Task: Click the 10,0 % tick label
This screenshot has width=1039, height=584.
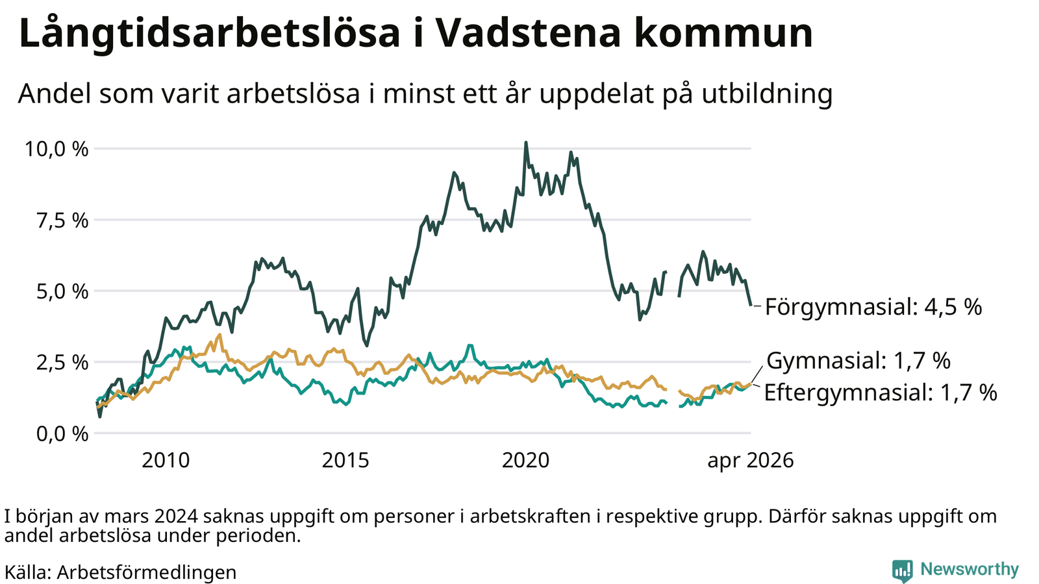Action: pyautogui.click(x=56, y=149)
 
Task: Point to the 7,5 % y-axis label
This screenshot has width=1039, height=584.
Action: pyautogui.click(x=62, y=221)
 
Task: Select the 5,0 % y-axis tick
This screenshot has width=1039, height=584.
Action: pyautogui.click(x=62, y=292)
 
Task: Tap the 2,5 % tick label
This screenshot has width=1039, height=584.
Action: pyautogui.click(x=62, y=363)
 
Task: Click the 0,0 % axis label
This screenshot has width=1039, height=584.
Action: pyautogui.click(x=62, y=434)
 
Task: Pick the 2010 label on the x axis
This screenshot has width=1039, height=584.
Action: pyautogui.click(x=166, y=461)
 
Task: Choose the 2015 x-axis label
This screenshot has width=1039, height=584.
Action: pyautogui.click(x=345, y=461)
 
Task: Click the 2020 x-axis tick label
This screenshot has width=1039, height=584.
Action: pyautogui.click(x=525, y=461)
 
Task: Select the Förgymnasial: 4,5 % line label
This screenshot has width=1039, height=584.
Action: pyautogui.click(x=873, y=307)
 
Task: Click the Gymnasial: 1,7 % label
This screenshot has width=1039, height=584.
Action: pyautogui.click(x=858, y=361)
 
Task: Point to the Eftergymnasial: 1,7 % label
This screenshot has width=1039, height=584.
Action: pyautogui.click(x=881, y=393)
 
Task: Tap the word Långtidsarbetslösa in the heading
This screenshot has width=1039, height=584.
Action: pyautogui.click(x=209, y=33)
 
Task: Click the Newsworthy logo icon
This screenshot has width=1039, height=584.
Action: pyautogui.click(x=902, y=570)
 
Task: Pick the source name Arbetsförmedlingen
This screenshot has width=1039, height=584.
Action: pyautogui.click(x=147, y=572)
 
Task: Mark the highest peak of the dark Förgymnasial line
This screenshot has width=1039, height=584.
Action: pyautogui.click(x=525, y=142)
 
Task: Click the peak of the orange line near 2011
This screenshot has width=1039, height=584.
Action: pyautogui.click(x=220, y=334)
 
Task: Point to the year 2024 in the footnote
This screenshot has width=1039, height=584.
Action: pyautogui.click(x=176, y=517)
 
